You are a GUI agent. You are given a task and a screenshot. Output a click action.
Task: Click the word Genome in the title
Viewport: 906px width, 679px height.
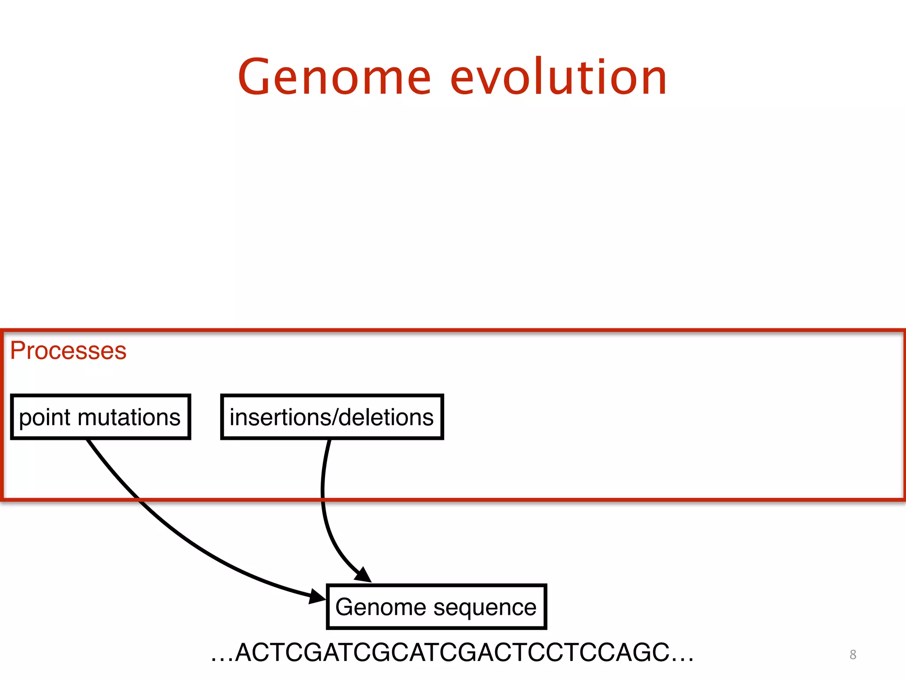click(x=334, y=78)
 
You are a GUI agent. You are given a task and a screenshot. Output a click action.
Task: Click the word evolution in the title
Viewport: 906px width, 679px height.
click(x=558, y=78)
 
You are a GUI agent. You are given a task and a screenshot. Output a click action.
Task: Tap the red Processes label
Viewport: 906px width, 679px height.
click(x=68, y=351)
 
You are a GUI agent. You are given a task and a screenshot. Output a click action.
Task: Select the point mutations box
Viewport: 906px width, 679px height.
click(x=100, y=417)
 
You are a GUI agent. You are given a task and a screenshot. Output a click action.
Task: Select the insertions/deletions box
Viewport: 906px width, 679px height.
click(x=332, y=417)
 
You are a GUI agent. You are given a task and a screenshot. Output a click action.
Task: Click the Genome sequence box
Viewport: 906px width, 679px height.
click(x=436, y=607)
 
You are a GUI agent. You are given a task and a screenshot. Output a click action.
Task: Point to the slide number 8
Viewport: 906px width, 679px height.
click(x=853, y=655)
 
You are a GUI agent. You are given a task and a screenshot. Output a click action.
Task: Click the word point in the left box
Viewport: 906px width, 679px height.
click(x=45, y=418)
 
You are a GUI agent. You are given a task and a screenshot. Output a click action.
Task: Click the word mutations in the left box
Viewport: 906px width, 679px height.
click(x=129, y=418)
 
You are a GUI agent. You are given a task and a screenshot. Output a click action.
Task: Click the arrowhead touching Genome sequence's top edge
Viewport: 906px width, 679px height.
click(x=363, y=574)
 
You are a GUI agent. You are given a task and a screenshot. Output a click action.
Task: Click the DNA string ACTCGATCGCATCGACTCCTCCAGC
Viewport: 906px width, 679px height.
click(x=452, y=652)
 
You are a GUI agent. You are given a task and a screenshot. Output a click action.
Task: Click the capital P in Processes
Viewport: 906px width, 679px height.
click(x=18, y=351)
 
